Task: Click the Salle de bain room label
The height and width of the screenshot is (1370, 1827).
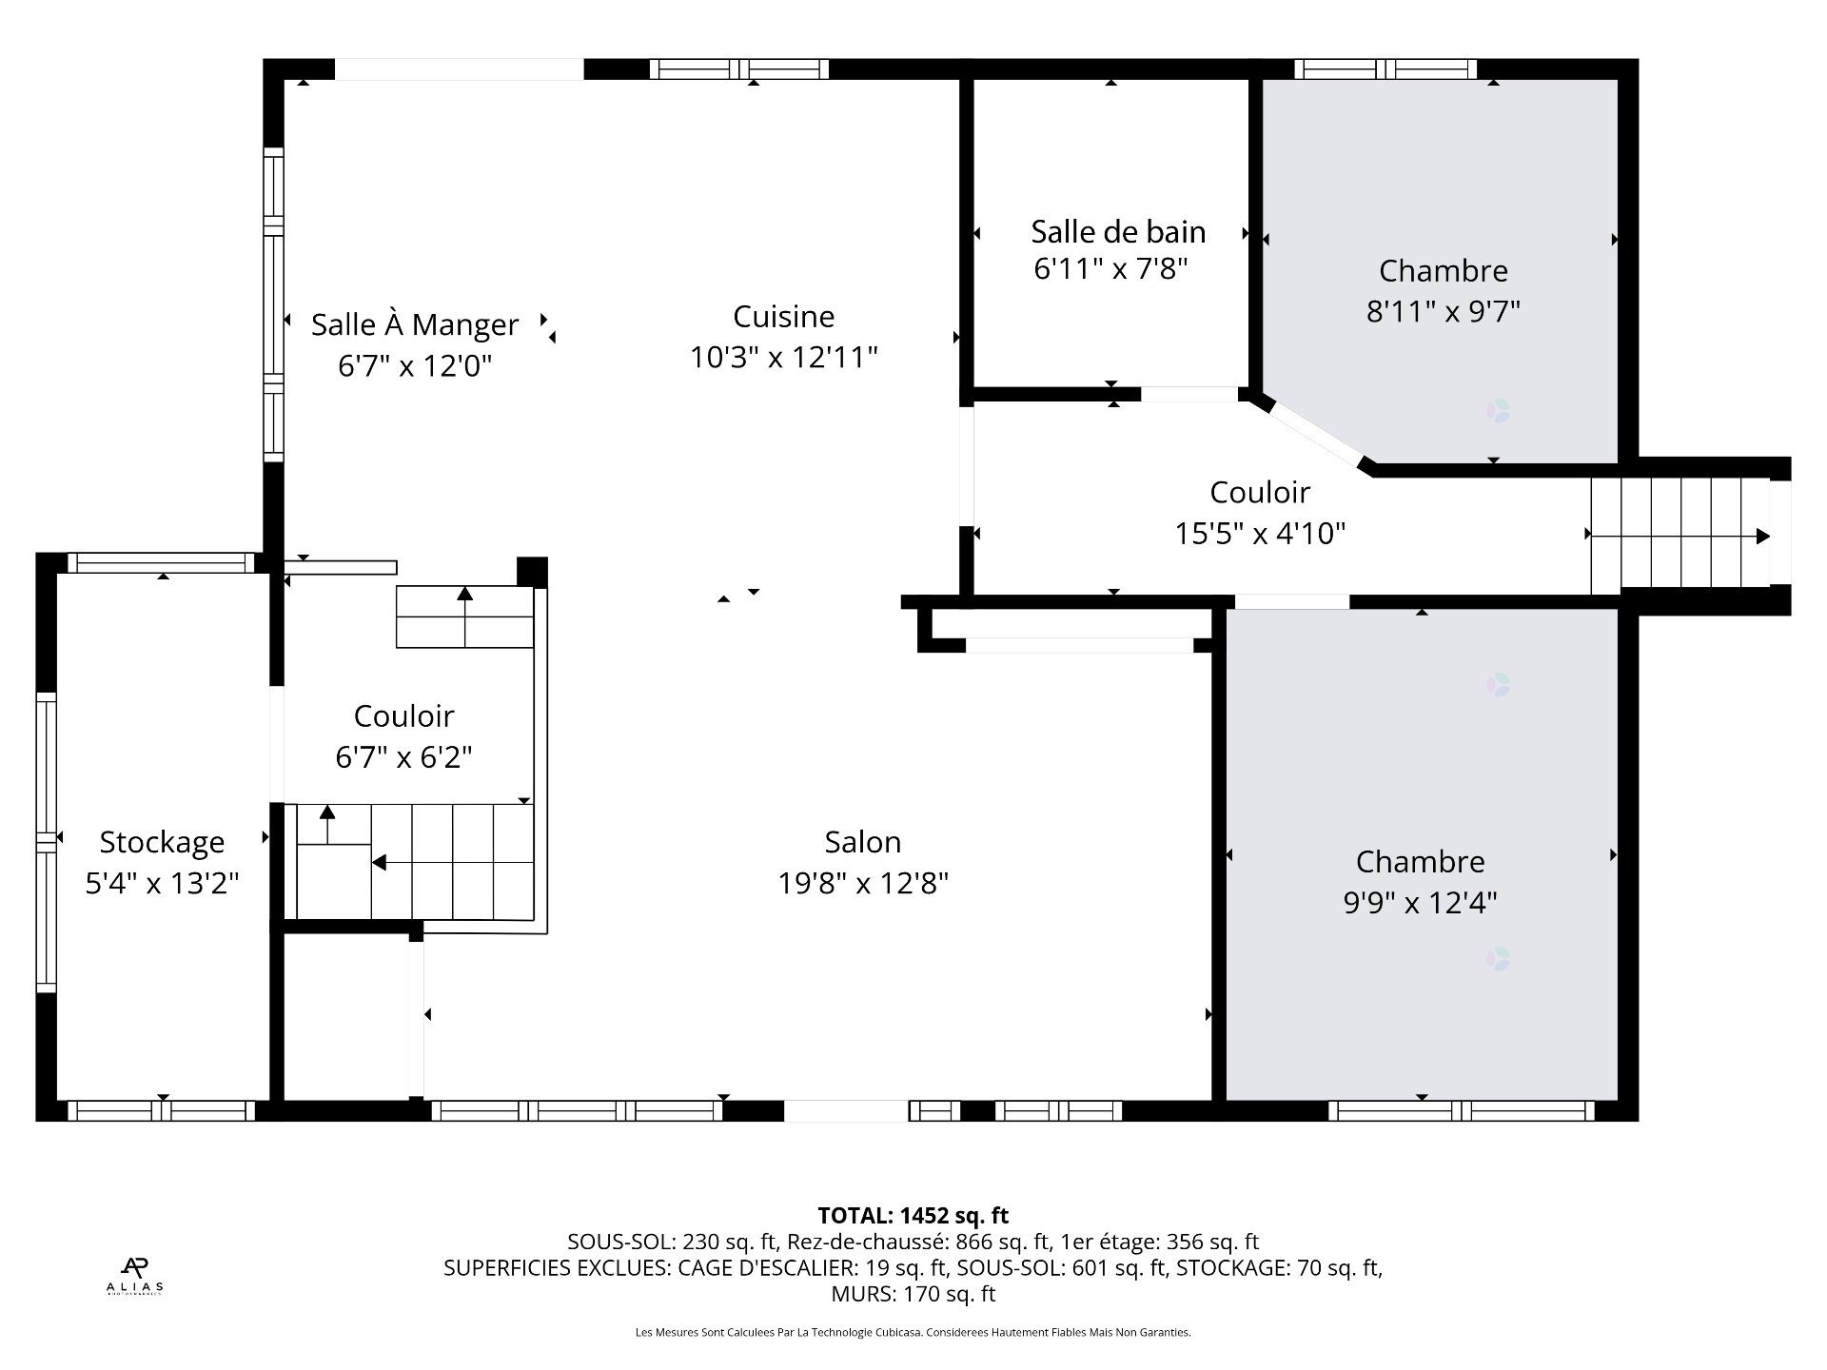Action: tap(1118, 231)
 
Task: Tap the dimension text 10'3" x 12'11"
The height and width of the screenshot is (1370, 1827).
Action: tap(783, 358)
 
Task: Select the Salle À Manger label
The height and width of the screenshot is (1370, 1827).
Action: tap(415, 324)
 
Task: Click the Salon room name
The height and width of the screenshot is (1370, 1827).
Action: tap(862, 842)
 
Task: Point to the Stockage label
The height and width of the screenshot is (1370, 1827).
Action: tap(162, 842)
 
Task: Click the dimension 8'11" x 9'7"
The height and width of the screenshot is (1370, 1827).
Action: tap(1443, 311)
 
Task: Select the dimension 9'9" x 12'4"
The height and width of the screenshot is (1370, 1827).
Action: tap(1420, 902)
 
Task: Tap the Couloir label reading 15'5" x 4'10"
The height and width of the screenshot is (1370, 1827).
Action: tap(1260, 493)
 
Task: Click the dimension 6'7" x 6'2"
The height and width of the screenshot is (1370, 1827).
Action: tap(403, 757)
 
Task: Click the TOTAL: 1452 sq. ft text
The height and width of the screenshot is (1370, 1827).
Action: tap(913, 1215)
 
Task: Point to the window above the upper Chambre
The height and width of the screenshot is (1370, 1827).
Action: tap(1385, 68)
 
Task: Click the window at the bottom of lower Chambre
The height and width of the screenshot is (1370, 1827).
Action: tap(1461, 1110)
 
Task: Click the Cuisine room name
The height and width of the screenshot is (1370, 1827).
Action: tap(783, 317)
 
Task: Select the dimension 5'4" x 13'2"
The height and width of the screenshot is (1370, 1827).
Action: tap(162, 884)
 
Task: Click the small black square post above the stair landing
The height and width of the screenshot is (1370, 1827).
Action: tap(532, 572)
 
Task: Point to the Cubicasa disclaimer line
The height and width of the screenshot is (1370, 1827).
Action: tap(913, 1333)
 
